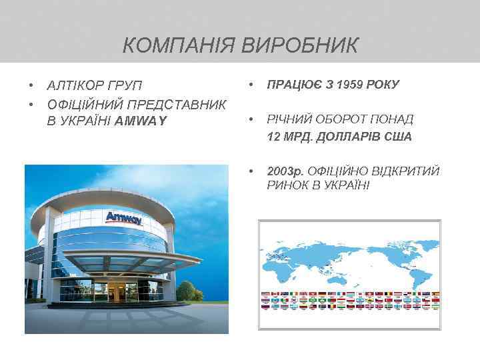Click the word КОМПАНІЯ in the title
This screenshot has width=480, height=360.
[177, 46]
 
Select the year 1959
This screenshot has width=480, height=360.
[351, 85]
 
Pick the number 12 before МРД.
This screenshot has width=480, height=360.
[273, 137]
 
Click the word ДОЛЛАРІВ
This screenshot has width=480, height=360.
[351, 137]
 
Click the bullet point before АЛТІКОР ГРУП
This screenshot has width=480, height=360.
[31, 87]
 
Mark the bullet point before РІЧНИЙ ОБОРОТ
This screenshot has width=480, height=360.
[250, 120]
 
